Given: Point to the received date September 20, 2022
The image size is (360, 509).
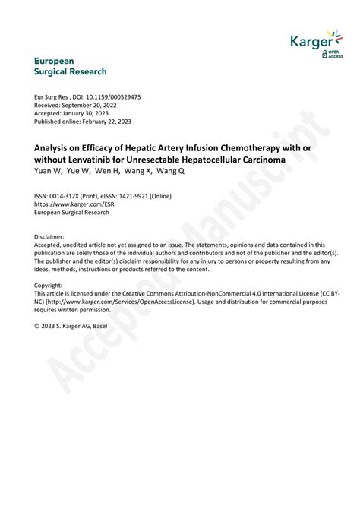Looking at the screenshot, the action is (x=96, y=106).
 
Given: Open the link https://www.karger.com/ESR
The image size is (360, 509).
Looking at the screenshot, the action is (x=76, y=204).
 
